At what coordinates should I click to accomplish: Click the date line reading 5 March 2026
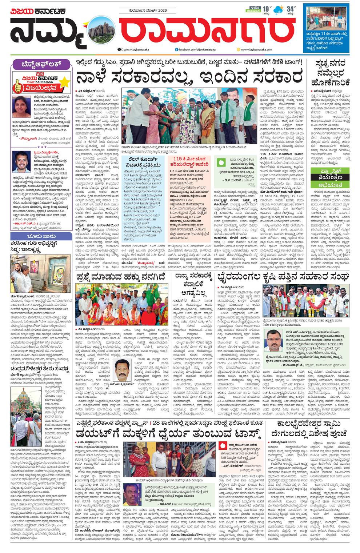pyautogui.click(x=147, y=11)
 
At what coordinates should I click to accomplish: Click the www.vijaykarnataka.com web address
pyautogui.click(x=255, y=49)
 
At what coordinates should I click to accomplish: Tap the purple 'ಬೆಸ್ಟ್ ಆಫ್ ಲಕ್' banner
pyautogui.click(x=41, y=65)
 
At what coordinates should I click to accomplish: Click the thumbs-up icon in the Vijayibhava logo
pyautogui.click(x=19, y=87)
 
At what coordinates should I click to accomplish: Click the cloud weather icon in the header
pyautogui.click(x=279, y=10)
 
